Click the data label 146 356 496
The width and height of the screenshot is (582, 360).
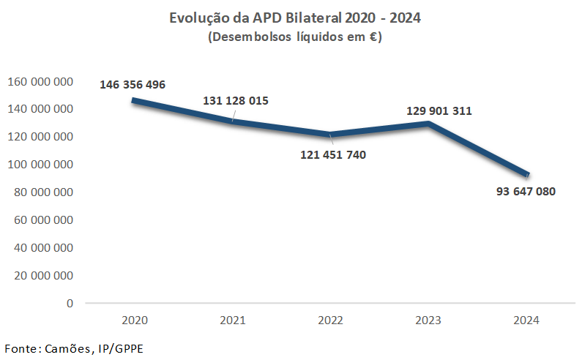[x=133, y=85]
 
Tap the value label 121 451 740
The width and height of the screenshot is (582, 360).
[x=333, y=155]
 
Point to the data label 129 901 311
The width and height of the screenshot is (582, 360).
[x=439, y=112]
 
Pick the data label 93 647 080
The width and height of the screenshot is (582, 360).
[x=525, y=192]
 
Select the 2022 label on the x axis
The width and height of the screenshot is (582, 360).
[x=330, y=320]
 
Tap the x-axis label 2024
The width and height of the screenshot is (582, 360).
[x=526, y=320]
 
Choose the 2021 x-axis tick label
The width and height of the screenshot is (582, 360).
[x=232, y=320]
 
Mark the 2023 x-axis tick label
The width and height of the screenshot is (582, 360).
[x=428, y=320]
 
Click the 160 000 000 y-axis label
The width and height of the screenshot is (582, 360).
[x=40, y=81]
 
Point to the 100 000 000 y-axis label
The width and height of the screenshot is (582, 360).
[x=40, y=165]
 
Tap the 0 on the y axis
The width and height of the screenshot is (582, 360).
[x=70, y=303]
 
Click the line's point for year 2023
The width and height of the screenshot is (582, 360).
[x=428, y=123]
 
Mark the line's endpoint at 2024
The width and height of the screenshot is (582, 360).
[x=526, y=174]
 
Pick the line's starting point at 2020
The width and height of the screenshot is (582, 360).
[x=134, y=100]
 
